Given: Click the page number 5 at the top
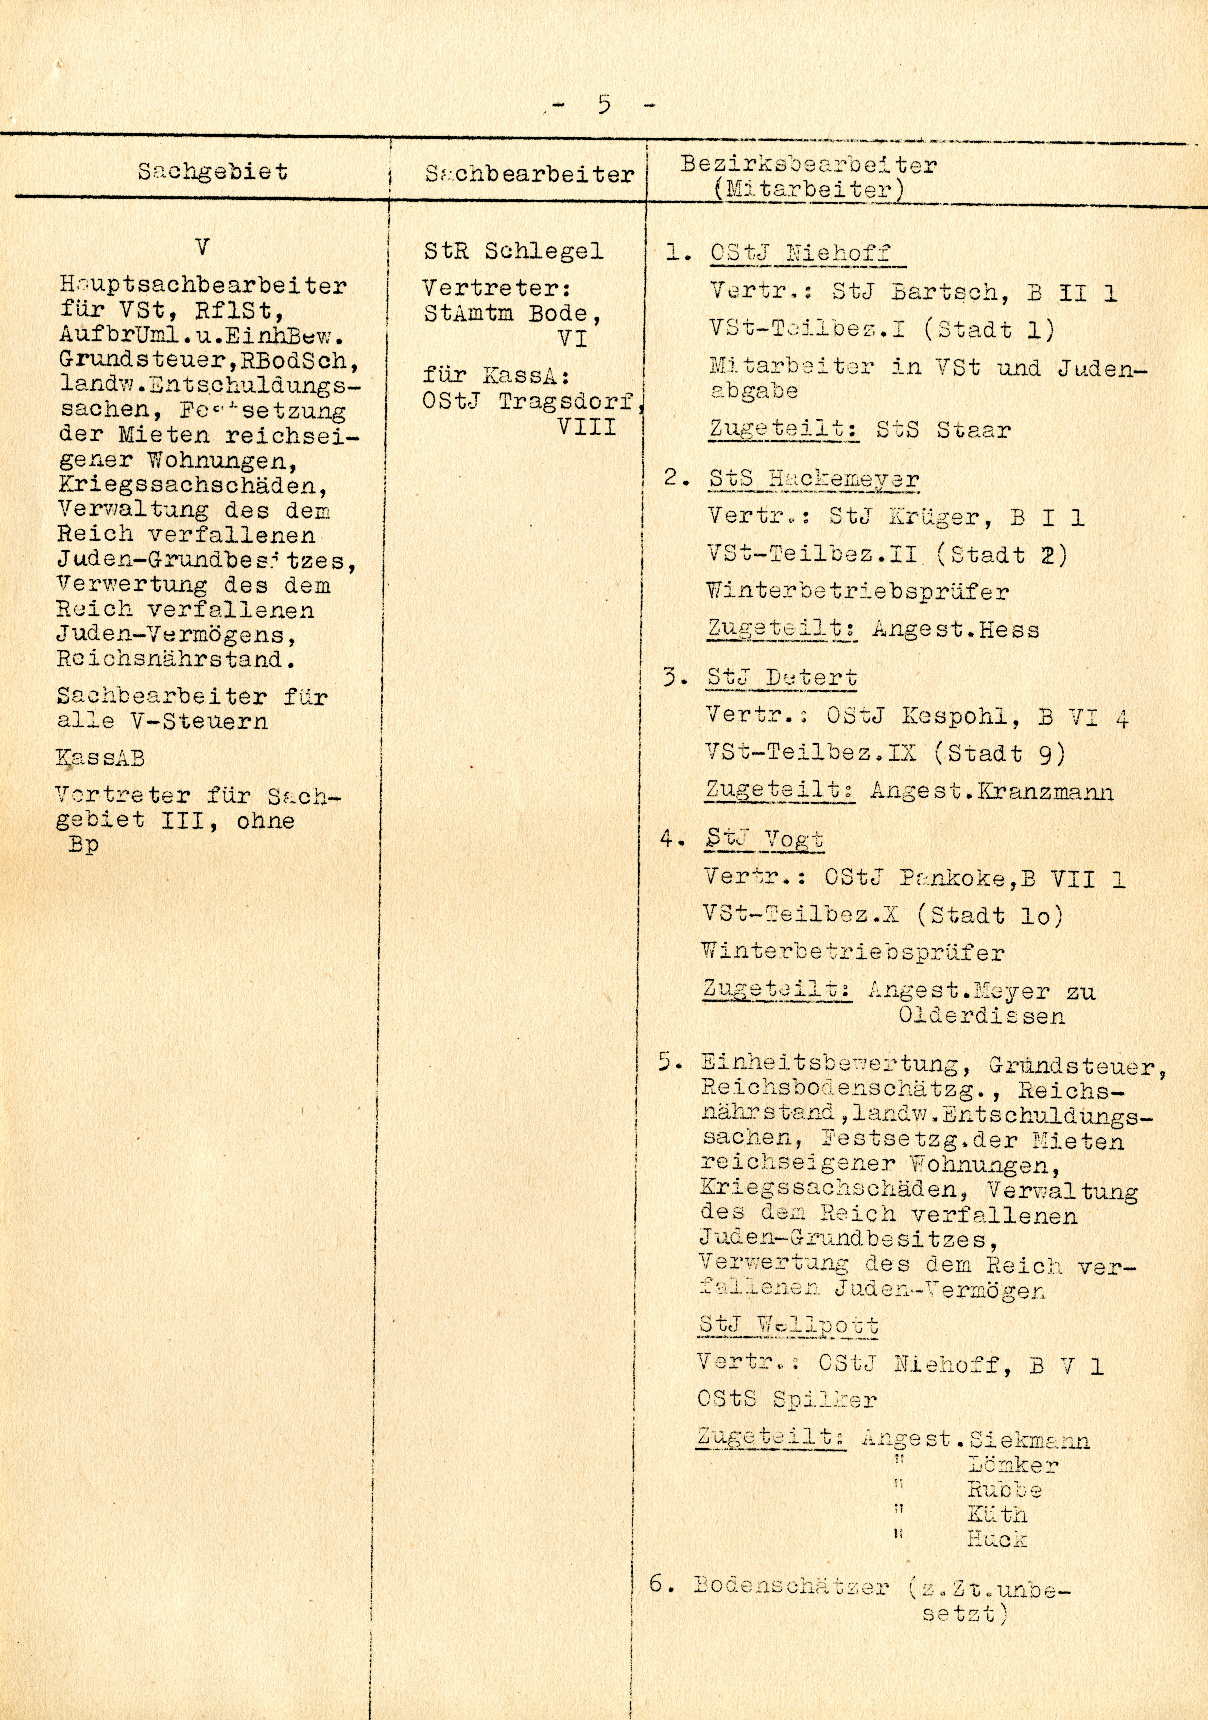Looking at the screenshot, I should pos(604,104).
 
